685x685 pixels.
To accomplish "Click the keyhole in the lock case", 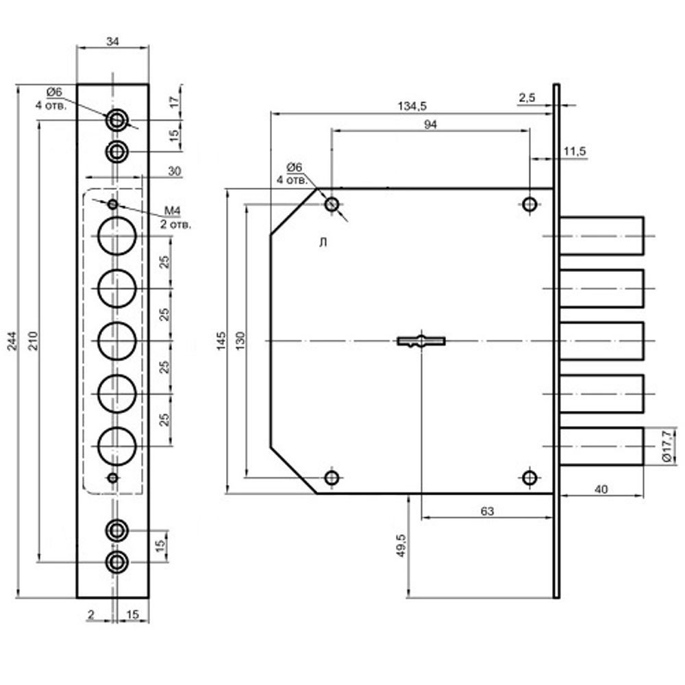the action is click(x=421, y=340).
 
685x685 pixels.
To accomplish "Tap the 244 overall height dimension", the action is click(x=12, y=340).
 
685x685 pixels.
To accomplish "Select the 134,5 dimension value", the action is click(x=412, y=106).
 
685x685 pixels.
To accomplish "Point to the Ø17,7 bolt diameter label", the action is click(x=667, y=446).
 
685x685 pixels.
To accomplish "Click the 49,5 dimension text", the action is click(x=401, y=546).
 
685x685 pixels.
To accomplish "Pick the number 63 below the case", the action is click(x=486, y=511).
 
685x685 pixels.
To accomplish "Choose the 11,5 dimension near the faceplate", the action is click(x=574, y=151).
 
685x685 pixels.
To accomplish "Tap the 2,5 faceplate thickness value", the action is click(x=527, y=97).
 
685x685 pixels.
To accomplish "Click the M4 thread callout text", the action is click(x=172, y=211).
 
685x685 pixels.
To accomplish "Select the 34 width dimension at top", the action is click(x=112, y=42).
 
